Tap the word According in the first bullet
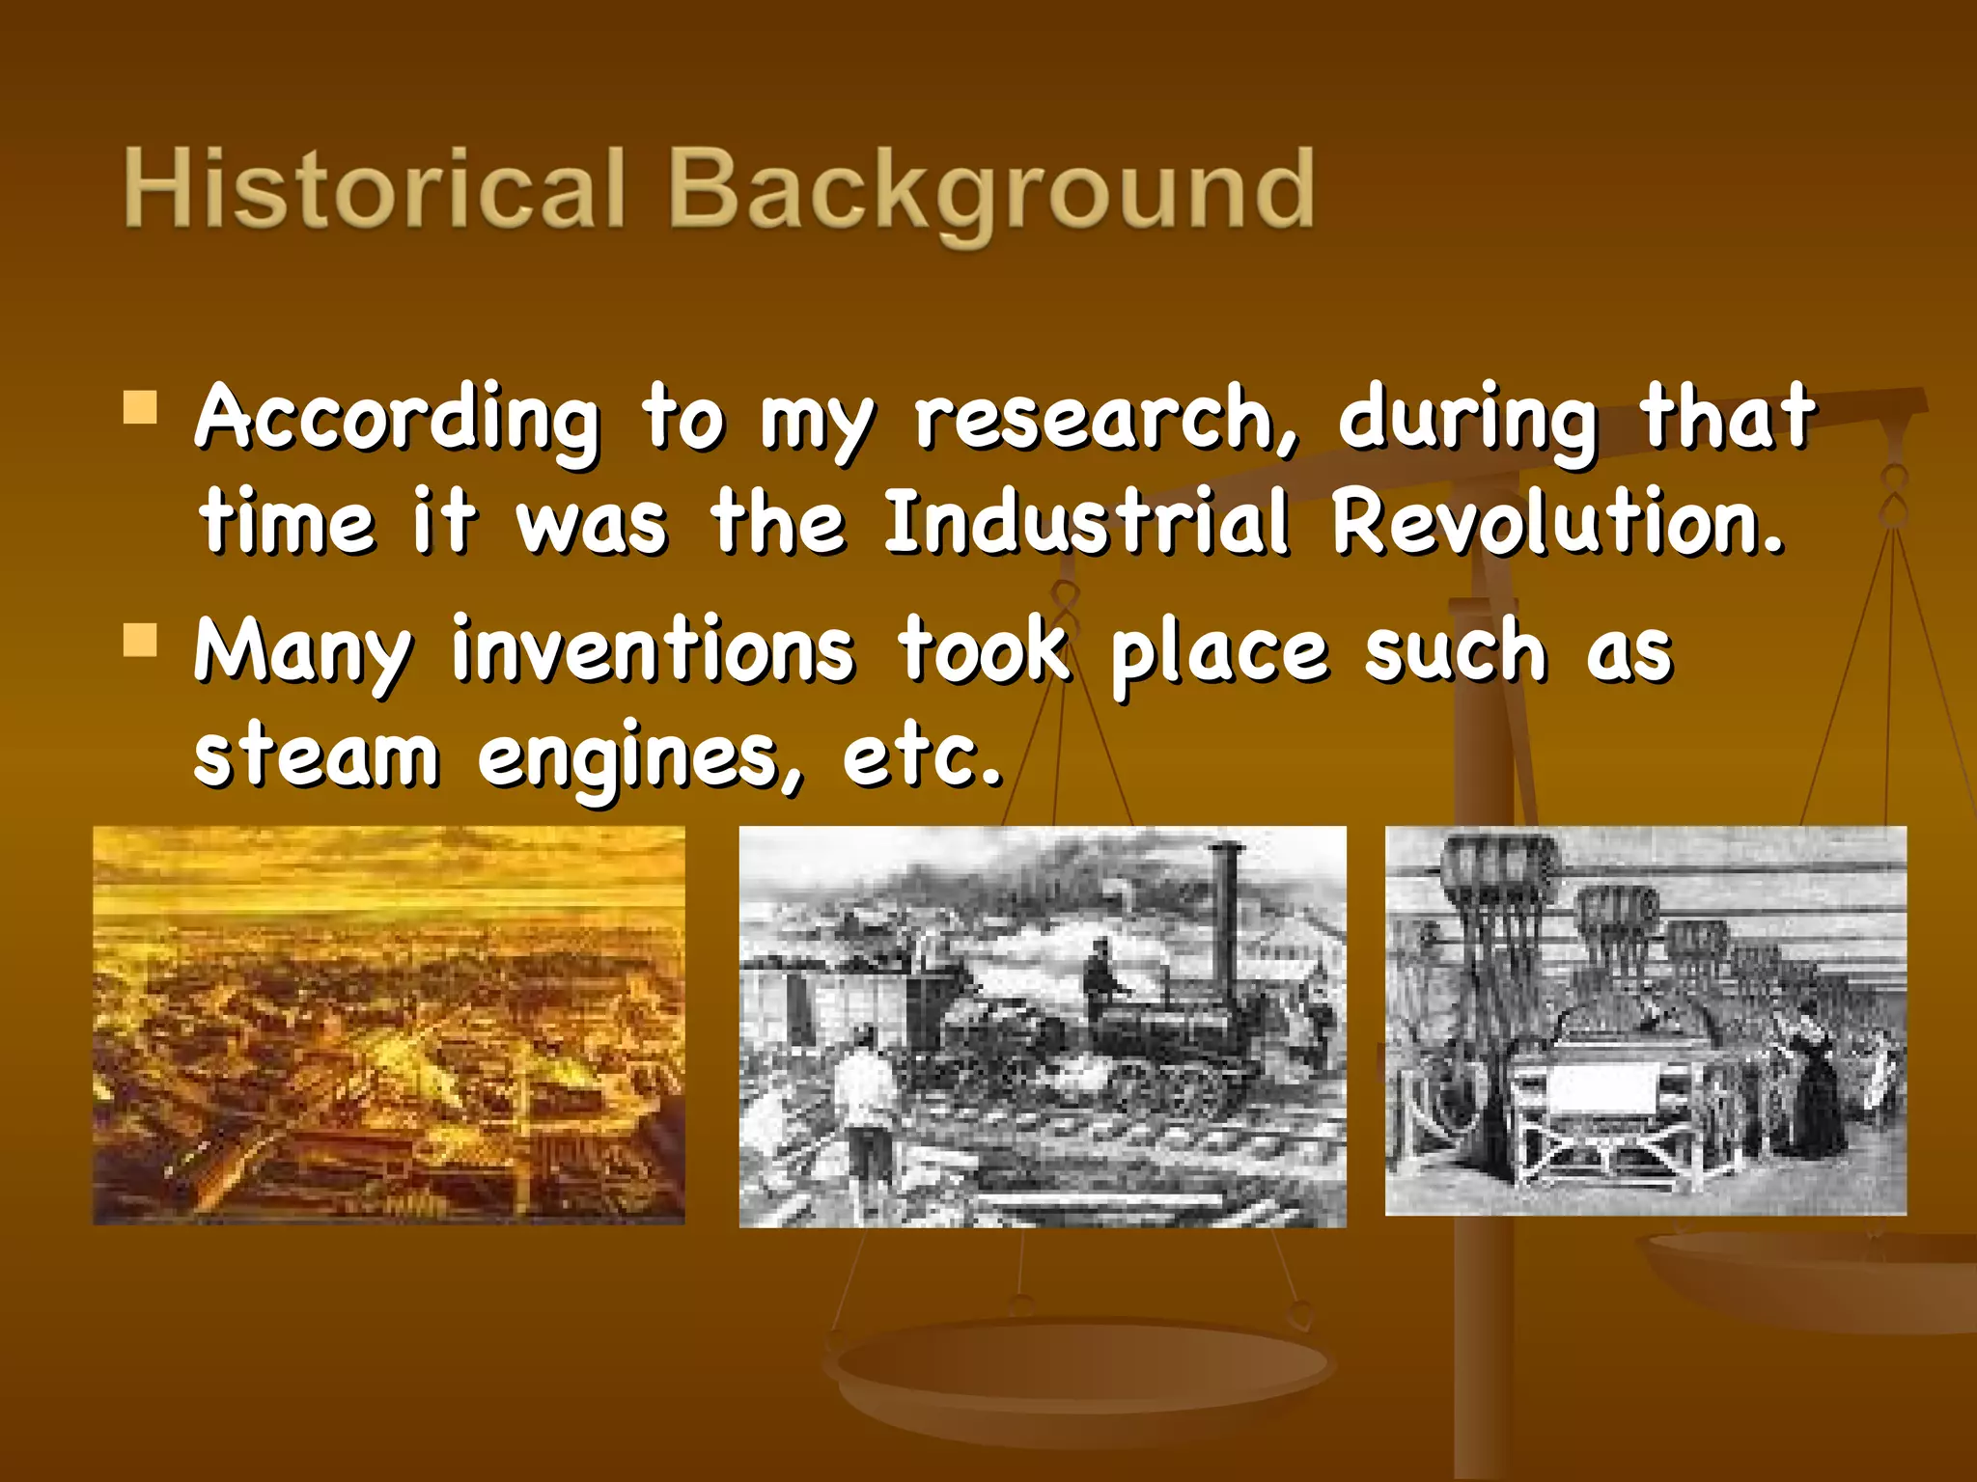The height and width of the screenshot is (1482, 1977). click(x=398, y=419)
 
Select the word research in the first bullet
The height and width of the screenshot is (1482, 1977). click(x=1106, y=419)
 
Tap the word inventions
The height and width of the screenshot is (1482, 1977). click(x=653, y=650)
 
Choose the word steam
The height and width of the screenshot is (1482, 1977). click(x=316, y=755)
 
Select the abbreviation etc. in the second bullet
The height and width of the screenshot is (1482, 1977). click(x=923, y=756)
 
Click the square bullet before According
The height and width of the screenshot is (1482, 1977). click(x=141, y=408)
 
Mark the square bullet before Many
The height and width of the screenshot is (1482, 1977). click(x=141, y=640)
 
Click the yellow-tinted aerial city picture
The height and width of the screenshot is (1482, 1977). click(x=389, y=1026)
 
